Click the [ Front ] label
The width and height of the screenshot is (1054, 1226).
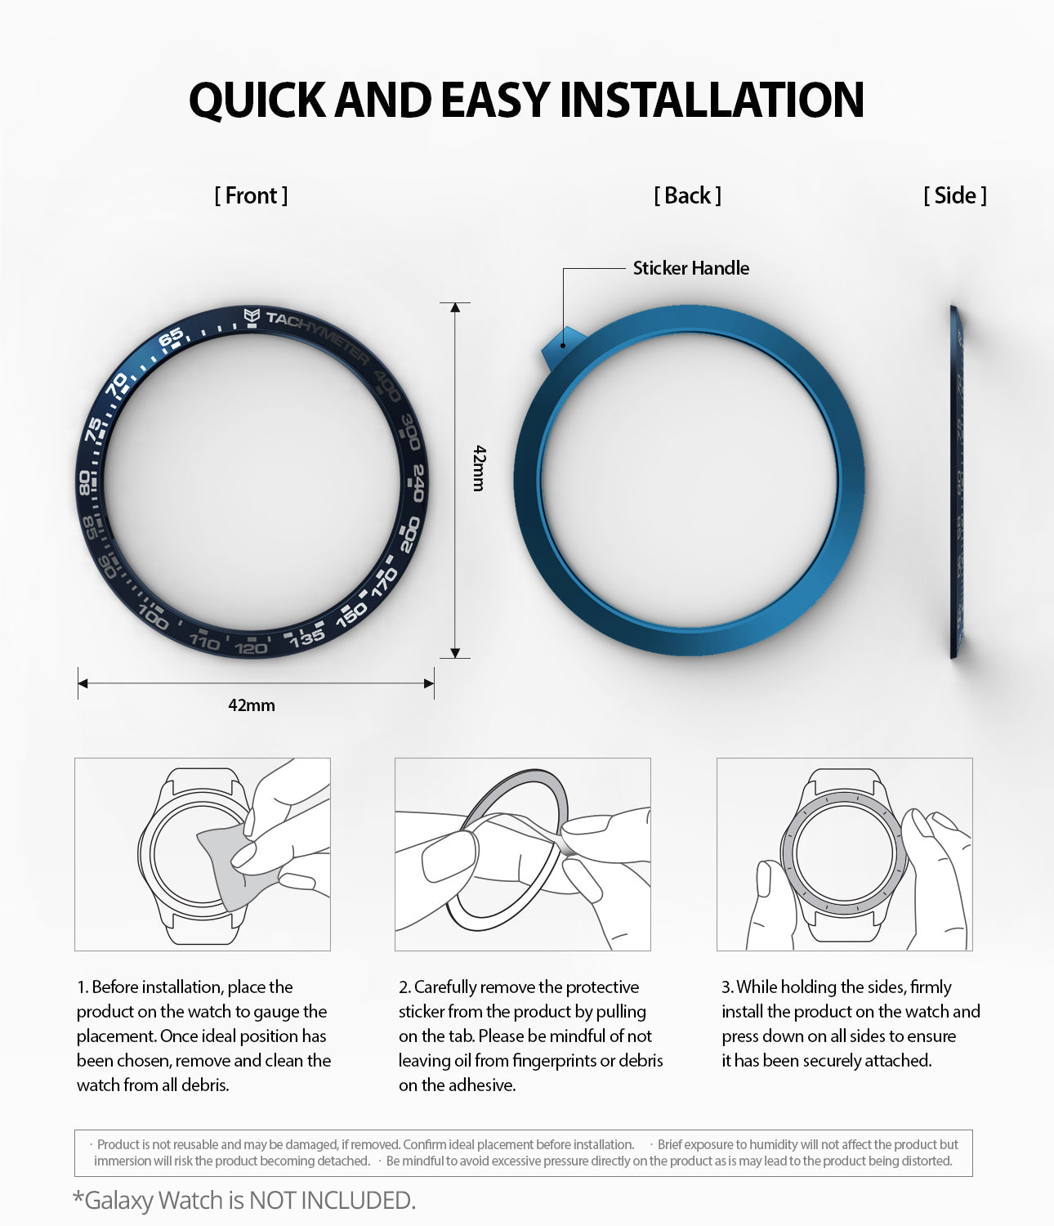(251, 196)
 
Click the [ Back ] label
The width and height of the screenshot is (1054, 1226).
(687, 196)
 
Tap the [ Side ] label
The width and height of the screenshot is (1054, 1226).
(954, 196)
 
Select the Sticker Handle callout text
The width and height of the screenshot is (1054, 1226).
(690, 268)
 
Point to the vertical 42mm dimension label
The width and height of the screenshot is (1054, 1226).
(480, 468)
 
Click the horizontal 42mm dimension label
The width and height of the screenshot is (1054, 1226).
(252, 705)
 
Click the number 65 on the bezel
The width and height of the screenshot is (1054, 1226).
(171, 338)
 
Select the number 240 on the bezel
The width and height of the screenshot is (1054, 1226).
(418, 482)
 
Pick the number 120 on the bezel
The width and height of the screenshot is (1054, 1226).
(250, 648)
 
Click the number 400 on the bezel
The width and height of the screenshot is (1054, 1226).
(387, 386)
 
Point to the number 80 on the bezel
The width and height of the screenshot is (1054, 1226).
(84, 482)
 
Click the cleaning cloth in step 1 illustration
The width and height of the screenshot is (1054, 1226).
(222, 866)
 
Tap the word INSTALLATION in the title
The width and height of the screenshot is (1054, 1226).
(711, 100)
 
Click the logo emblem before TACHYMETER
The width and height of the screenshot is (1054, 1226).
(252, 315)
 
